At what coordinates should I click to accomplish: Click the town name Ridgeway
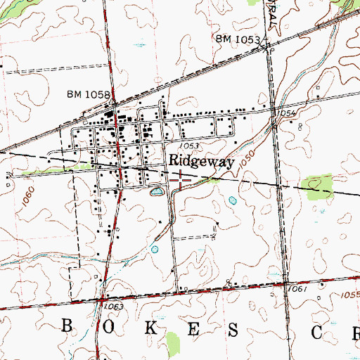200,161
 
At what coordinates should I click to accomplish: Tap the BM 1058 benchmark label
89,94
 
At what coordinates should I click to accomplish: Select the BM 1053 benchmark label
238,39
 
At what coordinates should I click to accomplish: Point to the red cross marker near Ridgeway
181,180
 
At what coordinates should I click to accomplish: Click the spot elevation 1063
115,307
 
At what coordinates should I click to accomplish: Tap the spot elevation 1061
297,289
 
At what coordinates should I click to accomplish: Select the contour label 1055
349,294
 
